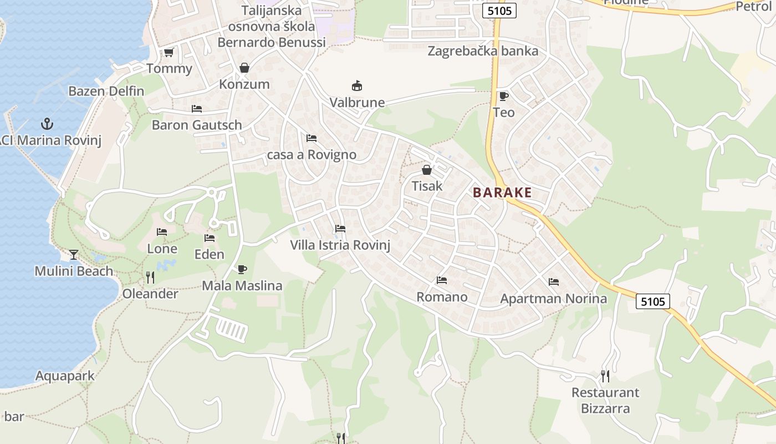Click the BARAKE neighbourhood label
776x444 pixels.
[x=502, y=193]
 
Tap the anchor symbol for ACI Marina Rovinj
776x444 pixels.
[x=47, y=123]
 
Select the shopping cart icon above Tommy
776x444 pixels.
[x=169, y=52]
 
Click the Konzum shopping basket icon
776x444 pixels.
[x=244, y=68]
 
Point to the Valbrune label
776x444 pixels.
[x=357, y=102]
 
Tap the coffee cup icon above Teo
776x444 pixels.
[x=503, y=96]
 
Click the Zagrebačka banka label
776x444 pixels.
[x=483, y=51]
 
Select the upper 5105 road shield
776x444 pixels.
[x=499, y=11]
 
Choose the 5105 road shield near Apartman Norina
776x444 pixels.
[x=652, y=301]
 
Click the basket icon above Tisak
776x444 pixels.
[x=427, y=169]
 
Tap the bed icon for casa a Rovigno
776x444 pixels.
[x=312, y=138]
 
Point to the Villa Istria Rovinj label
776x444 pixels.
[x=340, y=245]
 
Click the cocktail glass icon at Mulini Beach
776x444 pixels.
[x=74, y=254]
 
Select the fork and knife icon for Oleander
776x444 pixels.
[x=150, y=276]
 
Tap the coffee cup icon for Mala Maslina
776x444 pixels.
[x=242, y=269]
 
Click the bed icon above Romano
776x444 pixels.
[x=442, y=280]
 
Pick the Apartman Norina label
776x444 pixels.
[x=553, y=299]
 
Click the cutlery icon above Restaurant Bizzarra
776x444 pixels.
[x=605, y=376]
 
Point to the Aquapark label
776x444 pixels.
[x=65, y=376]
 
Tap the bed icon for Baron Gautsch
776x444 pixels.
[x=197, y=108]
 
